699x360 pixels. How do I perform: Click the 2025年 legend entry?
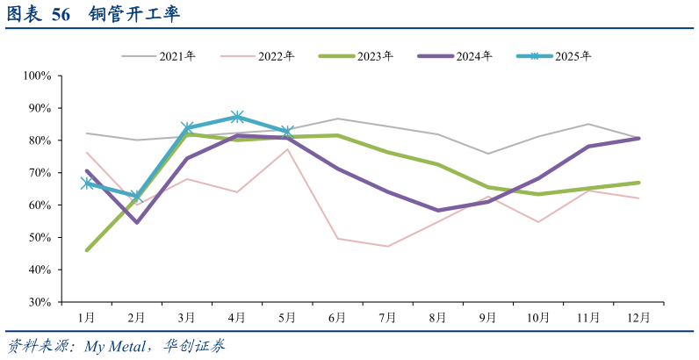click(573, 56)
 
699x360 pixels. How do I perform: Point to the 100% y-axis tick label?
click(39, 76)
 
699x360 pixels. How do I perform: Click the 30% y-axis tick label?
click(41, 302)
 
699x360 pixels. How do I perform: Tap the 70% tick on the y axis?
click(41, 173)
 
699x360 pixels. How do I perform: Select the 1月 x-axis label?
click(86, 317)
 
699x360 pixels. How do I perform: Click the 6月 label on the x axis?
click(337, 317)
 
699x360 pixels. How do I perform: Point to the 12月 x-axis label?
click(639, 317)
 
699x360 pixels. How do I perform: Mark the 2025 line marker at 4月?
click(237, 117)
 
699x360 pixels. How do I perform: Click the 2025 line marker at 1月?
click(86, 184)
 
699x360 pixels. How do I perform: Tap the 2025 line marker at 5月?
click(287, 132)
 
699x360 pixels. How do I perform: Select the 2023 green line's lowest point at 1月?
click(86, 249)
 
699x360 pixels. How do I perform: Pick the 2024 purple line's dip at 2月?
click(136, 222)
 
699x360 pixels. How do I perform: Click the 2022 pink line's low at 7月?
click(387, 246)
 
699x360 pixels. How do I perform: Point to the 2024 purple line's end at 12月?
click(638, 138)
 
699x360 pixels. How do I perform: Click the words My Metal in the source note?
click(112, 346)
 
